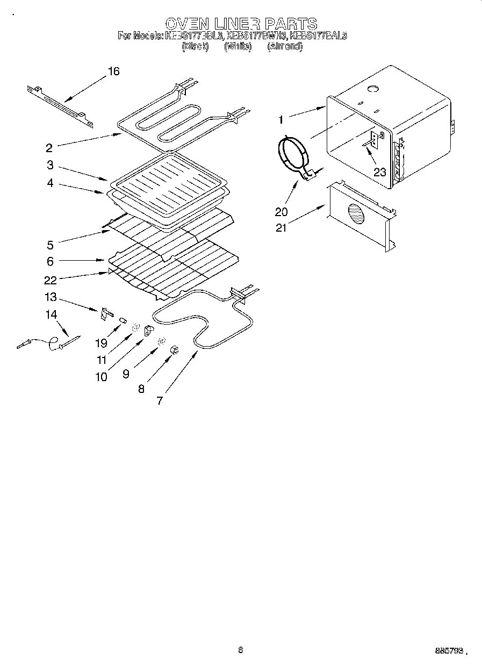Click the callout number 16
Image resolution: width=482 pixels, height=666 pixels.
pyautogui.click(x=113, y=71)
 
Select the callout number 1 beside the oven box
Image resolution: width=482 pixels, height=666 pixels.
pyautogui.click(x=280, y=119)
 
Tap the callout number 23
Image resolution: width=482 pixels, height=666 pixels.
pyautogui.click(x=380, y=173)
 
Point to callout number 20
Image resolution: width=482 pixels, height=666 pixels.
pyautogui.click(x=281, y=212)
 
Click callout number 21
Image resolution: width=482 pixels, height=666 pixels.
pyautogui.click(x=280, y=227)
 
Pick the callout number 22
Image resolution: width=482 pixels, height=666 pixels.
pyautogui.click(x=50, y=280)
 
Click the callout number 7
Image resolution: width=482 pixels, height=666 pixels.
pyautogui.click(x=160, y=401)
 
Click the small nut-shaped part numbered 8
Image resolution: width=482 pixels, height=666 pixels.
pyautogui.click(x=174, y=351)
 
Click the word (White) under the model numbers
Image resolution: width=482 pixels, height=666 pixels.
pyautogui.click(x=238, y=46)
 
